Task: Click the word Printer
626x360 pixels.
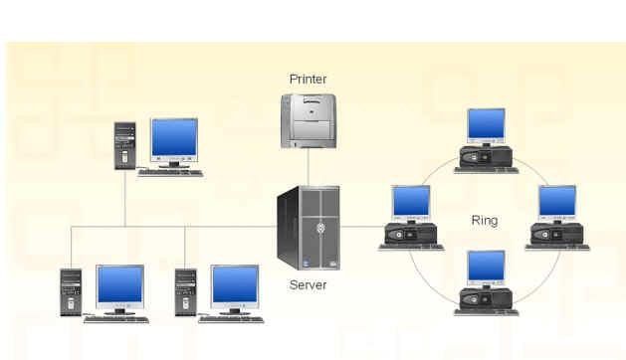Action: [x=308, y=79]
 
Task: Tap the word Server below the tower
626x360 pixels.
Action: [x=308, y=285]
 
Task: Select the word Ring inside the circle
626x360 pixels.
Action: [x=485, y=221]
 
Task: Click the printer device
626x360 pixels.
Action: [x=309, y=121]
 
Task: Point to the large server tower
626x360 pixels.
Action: [x=309, y=228]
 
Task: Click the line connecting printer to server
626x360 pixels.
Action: [x=309, y=167]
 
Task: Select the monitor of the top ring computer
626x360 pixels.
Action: [x=486, y=126]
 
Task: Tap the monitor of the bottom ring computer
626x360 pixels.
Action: [x=486, y=269]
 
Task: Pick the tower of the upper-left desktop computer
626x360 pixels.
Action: [x=125, y=145]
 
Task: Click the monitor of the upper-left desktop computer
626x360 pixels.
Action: [x=174, y=142]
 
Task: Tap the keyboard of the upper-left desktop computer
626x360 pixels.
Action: [x=170, y=173]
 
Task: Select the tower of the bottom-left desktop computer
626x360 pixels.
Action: [x=71, y=292]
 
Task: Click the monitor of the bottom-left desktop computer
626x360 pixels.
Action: [x=119, y=289]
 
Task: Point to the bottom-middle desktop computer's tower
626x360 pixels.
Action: [x=186, y=292]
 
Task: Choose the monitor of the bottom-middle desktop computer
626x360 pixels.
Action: [x=235, y=289]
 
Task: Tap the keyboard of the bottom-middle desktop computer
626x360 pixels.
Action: [x=231, y=319]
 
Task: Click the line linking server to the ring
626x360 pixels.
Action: [x=362, y=227]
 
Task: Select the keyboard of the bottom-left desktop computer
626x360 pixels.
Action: [x=116, y=319]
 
